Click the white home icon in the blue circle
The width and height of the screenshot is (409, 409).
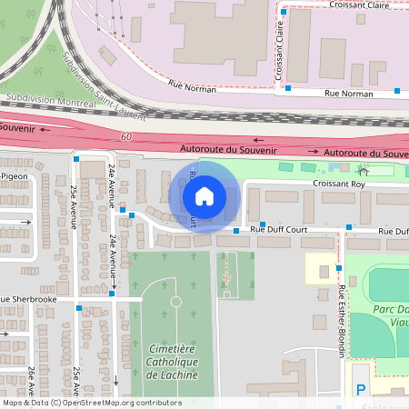click(x=204, y=195)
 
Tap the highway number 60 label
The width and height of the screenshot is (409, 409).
click(x=125, y=136)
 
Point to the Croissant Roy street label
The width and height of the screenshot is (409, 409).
click(x=338, y=184)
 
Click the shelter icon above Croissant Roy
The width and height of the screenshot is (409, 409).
click(x=364, y=170)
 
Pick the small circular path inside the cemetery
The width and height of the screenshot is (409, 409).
click(x=175, y=301)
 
